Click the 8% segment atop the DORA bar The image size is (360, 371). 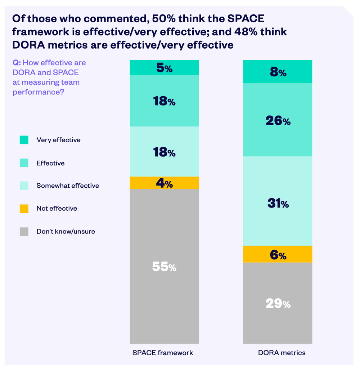[x=278, y=72]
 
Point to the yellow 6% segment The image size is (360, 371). [x=278, y=254]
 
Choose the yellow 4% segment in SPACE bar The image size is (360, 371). [x=164, y=183]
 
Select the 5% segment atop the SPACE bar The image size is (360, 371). [x=164, y=67]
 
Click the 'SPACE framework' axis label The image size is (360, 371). [x=163, y=353]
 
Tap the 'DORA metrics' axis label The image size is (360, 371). [x=282, y=353]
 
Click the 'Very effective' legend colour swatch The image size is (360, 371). [x=24, y=140]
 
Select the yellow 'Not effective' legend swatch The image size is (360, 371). [x=24, y=209]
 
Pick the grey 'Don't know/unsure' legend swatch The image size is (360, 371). [x=24, y=232]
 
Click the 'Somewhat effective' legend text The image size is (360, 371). [x=68, y=186]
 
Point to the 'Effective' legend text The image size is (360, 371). [x=50, y=163]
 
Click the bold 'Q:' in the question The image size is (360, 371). [x=17, y=63]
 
